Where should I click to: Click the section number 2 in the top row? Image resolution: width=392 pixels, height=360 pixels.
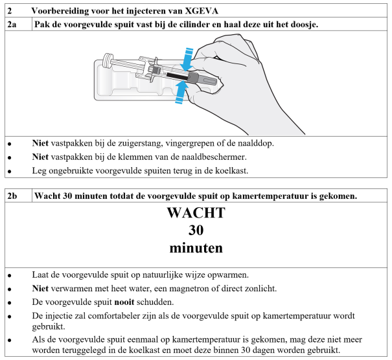point(9,11)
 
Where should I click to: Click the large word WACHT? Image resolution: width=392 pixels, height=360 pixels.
point(196,213)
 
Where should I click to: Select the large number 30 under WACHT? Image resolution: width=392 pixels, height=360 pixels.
point(196,230)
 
